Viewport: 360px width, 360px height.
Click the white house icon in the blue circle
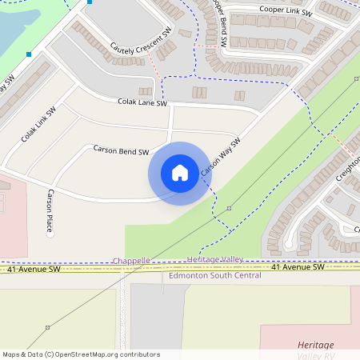pos(179,172)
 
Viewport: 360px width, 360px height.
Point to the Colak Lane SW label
pos(142,102)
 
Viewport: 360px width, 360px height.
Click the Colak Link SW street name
pos(39,124)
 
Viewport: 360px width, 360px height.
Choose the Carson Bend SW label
pos(121,150)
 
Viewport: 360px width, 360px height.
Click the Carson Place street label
pos(50,211)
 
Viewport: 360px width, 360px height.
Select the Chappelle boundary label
pos(131,261)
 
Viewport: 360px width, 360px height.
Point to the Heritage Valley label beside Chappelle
pos(214,260)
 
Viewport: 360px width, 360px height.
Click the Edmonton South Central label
pos(214,276)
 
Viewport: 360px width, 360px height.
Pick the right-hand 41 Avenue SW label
pos(297,266)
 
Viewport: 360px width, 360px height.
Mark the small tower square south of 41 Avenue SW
pos(47,327)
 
